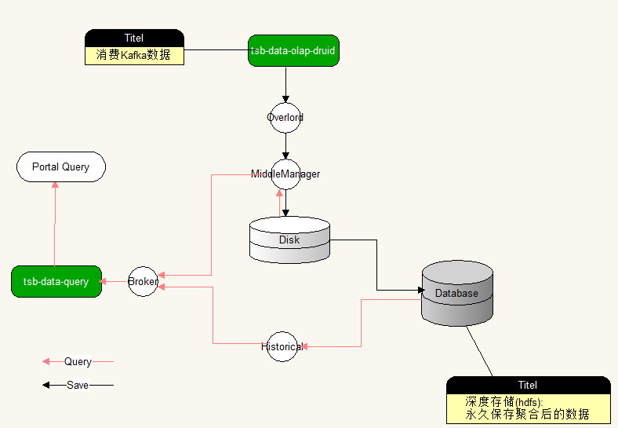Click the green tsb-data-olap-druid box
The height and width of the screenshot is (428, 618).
point(293,50)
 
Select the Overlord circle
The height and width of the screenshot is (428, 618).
point(285,118)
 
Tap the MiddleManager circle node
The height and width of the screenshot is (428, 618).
point(285,174)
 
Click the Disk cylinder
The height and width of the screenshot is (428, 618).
point(289,240)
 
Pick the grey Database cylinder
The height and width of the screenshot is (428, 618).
point(457,293)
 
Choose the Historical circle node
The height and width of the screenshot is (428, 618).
point(282,346)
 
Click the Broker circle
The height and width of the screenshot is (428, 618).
point(143,281)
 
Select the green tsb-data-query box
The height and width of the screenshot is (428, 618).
point(56,281)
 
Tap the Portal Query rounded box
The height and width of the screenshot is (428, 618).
point(61,166)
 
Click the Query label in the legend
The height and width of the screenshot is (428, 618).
point(78,361)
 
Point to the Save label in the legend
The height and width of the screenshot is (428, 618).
point(78,385)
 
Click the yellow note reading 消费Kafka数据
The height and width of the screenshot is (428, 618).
point(134,56)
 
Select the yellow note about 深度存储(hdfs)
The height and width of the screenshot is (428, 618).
point(529,408)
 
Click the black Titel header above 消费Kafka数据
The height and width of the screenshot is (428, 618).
point(134,38)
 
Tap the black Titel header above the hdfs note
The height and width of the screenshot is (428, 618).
point(529,385)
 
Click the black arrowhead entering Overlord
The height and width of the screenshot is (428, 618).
point(285,99)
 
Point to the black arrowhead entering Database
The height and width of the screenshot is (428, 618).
point(421,291)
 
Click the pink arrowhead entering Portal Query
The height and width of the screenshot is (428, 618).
point(55,185)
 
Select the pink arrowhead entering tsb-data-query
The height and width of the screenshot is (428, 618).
point(103,281)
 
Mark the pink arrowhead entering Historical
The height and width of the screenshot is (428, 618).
point(304,346)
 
